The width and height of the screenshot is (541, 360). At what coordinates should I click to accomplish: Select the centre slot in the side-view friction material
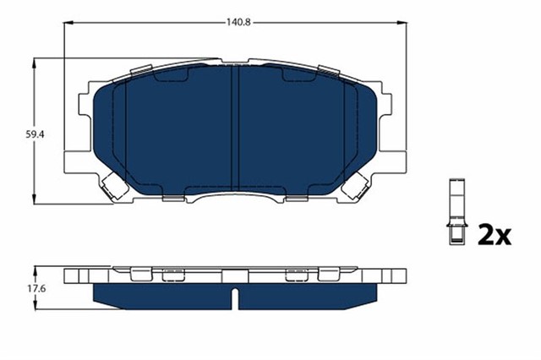[235, 296]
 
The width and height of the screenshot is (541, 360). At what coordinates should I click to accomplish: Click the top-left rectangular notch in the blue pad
[172, 77]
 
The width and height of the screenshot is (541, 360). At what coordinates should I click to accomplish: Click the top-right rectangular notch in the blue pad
[297, 77]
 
